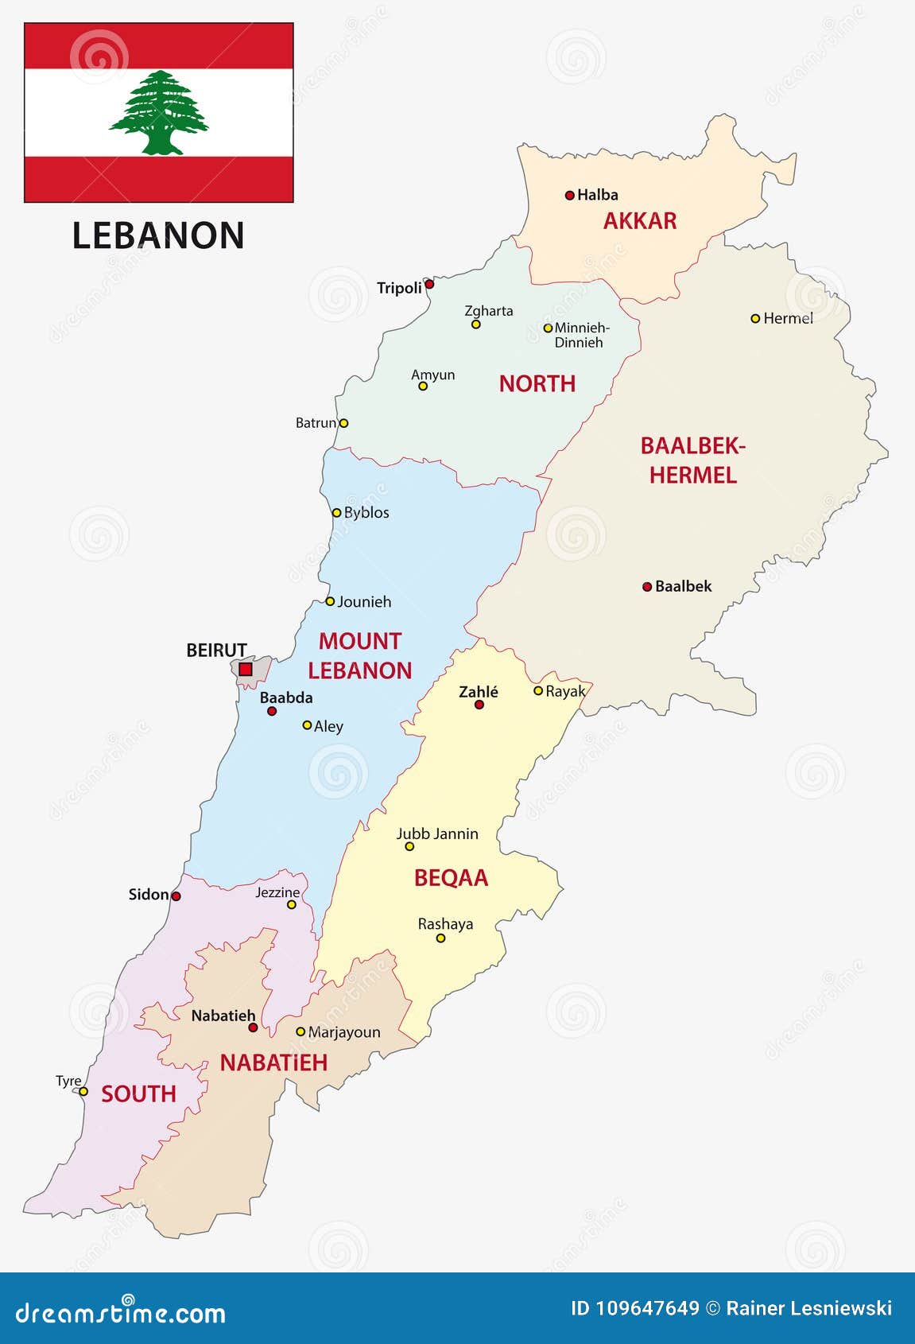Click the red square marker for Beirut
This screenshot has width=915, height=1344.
(246, 670)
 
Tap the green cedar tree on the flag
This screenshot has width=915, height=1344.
(159, 112)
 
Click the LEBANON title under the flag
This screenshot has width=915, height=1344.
(158, 236)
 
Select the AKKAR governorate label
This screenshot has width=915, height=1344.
(639, 221)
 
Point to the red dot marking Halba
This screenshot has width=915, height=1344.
(569, 195)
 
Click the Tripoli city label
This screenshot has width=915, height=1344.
(399, 288)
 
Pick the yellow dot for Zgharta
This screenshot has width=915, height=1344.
(476, 324)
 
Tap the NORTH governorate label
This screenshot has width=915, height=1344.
(537, 384)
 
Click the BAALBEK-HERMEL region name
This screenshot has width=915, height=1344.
(693, 460)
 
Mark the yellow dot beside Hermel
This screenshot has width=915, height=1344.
(755, 318)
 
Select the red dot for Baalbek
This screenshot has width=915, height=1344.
(647, 587)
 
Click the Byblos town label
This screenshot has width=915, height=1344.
(366, 513)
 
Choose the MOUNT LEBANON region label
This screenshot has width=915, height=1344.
(360, 656)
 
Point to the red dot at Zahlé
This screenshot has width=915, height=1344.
(479, 705)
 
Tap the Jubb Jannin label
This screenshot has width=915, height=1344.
(437, 833)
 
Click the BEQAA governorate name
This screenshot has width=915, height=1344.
(451, 878)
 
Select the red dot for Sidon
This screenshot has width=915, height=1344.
(176, 896)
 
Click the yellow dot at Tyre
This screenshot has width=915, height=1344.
(83, 1091)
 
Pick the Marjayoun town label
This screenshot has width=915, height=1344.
(344, 1032)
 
